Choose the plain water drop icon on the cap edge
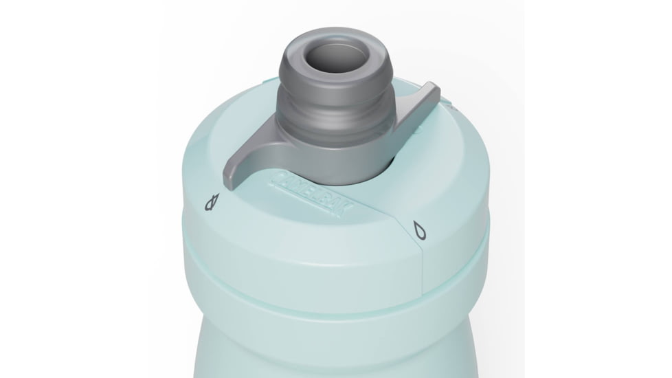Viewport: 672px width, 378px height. [x=418, y=230]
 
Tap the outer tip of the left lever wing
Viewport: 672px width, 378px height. [x=229, y=169]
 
